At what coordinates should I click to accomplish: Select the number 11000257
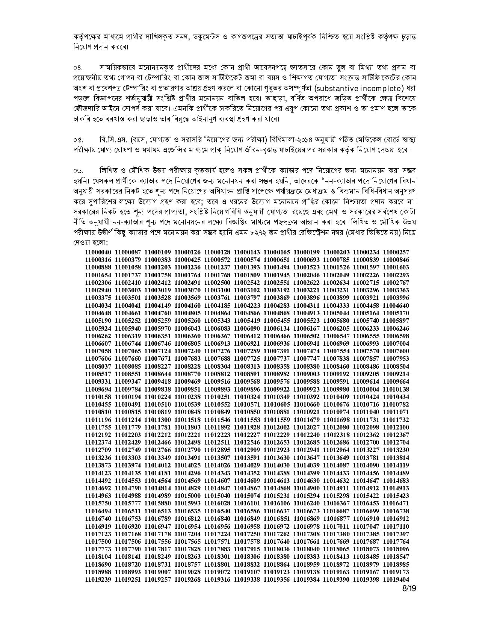coord(396,252)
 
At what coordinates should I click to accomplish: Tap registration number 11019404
coord(396,579)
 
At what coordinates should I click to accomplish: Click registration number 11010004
coord(366,389)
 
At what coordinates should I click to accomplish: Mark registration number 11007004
coord(396,343)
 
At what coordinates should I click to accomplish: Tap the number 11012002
coord(277,427)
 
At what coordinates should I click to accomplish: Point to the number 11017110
coord(396,526)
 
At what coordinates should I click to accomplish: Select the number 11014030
coord(277,465)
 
